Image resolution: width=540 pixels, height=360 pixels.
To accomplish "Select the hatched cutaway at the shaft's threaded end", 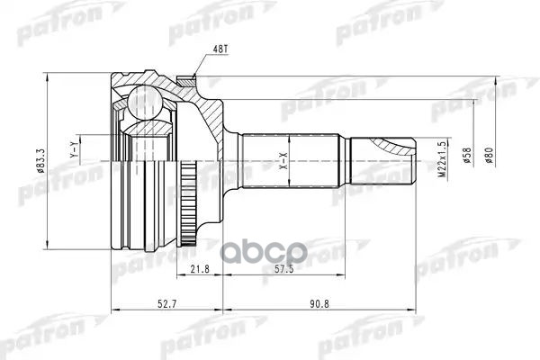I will coord(396,145).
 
